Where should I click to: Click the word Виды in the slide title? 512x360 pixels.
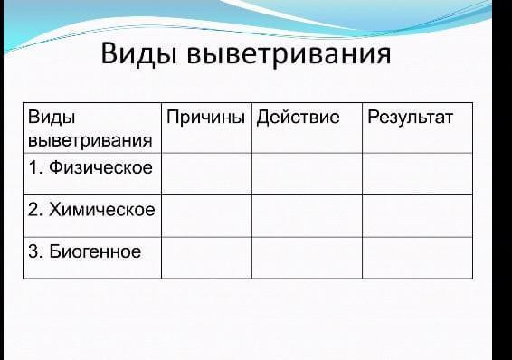pos(139,54)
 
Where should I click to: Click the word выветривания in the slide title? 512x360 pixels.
pos(289,54)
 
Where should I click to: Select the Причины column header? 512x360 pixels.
pos(205,117)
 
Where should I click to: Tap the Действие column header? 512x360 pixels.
pos(298,117)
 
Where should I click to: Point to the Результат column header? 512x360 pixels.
pos(410,118)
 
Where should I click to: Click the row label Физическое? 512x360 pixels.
pos(100,167)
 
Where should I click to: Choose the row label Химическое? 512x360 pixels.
pos(102,209)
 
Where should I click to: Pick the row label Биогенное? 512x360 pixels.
pos(95,251)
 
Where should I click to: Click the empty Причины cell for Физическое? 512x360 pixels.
pos(206,174)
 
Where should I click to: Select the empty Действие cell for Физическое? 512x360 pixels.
pos(308,174)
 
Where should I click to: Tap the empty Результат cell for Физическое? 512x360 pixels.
pos(418,174)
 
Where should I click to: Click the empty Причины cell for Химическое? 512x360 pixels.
pos(206,216)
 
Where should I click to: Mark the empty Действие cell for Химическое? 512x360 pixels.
pos(308,216)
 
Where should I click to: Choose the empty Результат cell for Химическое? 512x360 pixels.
pos(418,216)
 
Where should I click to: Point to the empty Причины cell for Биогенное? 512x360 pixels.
pos(206,258)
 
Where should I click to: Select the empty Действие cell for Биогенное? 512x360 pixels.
pos(308,258)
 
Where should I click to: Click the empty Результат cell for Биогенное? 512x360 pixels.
pos(418,258)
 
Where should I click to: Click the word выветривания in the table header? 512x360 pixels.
pos(90,141)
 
